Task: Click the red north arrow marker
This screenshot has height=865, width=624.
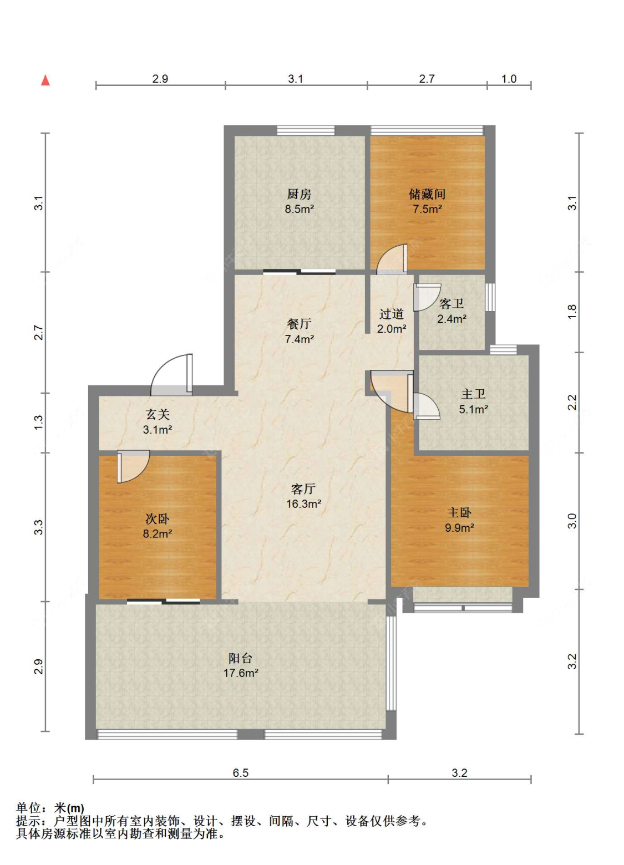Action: tap(45, 80)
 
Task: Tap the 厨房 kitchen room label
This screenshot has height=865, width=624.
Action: tap(299, 194)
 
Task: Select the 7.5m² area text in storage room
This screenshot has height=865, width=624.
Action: tap(427, 209)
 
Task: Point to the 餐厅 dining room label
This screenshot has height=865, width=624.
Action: tap(299, 324)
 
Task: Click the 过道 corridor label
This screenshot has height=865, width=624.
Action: tap(392, 314)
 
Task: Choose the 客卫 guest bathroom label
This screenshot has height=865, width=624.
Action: tap(451, 303)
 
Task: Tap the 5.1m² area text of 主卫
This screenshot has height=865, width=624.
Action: tap(473, 409)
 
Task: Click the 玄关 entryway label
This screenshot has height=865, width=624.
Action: tap(158, 414)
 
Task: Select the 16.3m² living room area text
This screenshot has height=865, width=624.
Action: tap(304, 503)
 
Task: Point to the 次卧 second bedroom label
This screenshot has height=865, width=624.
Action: tap(158, 518)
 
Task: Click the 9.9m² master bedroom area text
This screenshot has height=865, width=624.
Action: tap(459, 527)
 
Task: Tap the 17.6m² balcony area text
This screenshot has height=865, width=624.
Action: tap(241, 673)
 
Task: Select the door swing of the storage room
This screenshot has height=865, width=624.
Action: tap(392, 259)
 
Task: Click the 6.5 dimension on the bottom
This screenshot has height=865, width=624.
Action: tap(240, 773)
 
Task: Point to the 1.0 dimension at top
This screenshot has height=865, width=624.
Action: tap(509, 79)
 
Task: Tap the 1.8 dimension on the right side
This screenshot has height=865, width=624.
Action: tap(572, 312)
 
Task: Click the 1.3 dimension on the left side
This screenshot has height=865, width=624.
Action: tap(39, 423)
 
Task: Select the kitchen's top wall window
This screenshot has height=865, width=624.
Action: tap(306, 130)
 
